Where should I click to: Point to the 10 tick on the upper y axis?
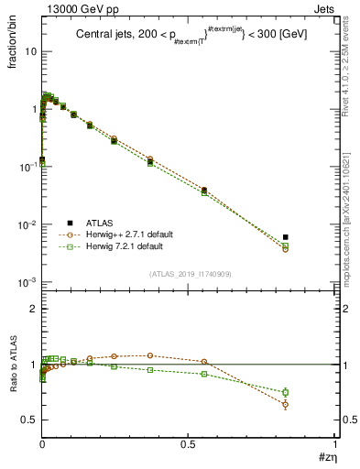coord(31,51)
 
